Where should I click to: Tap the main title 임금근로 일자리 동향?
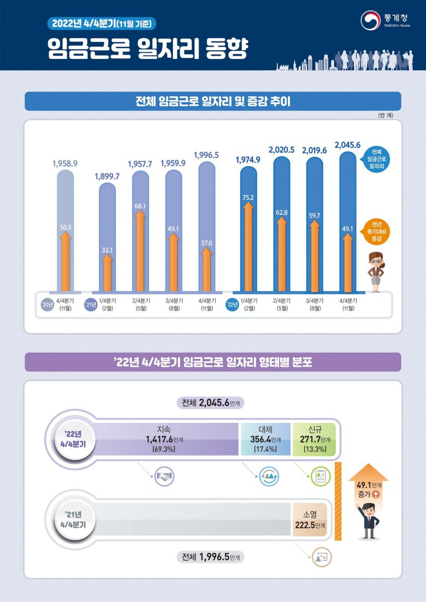(x=147, y=49)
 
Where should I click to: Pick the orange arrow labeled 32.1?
(x=107, y=270)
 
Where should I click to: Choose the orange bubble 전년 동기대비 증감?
(x=376, y=231)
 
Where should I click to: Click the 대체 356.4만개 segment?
(x=265, y=439)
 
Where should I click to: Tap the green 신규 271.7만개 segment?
(x=314, y=439)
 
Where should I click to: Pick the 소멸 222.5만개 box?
(x=309, y=520)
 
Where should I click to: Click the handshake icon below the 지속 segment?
(x=164, y=476)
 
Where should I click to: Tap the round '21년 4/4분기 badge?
(x=73, y=518)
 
